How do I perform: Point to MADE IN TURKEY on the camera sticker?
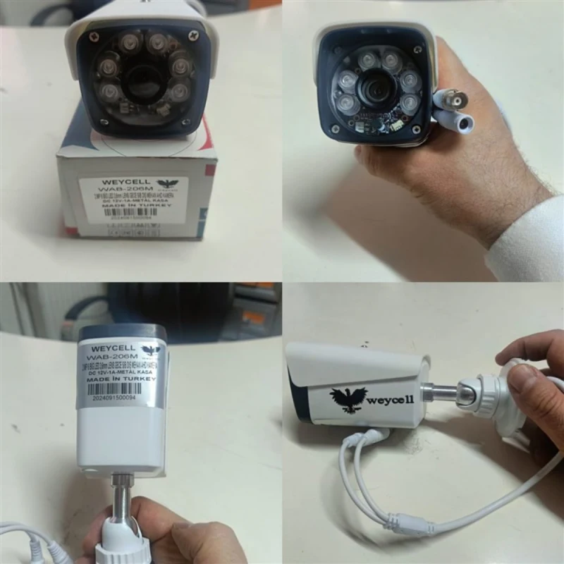(118, 379)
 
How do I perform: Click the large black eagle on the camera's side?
(349, 399)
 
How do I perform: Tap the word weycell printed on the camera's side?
(391, 402)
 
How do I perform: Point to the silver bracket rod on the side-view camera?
(444, 391)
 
